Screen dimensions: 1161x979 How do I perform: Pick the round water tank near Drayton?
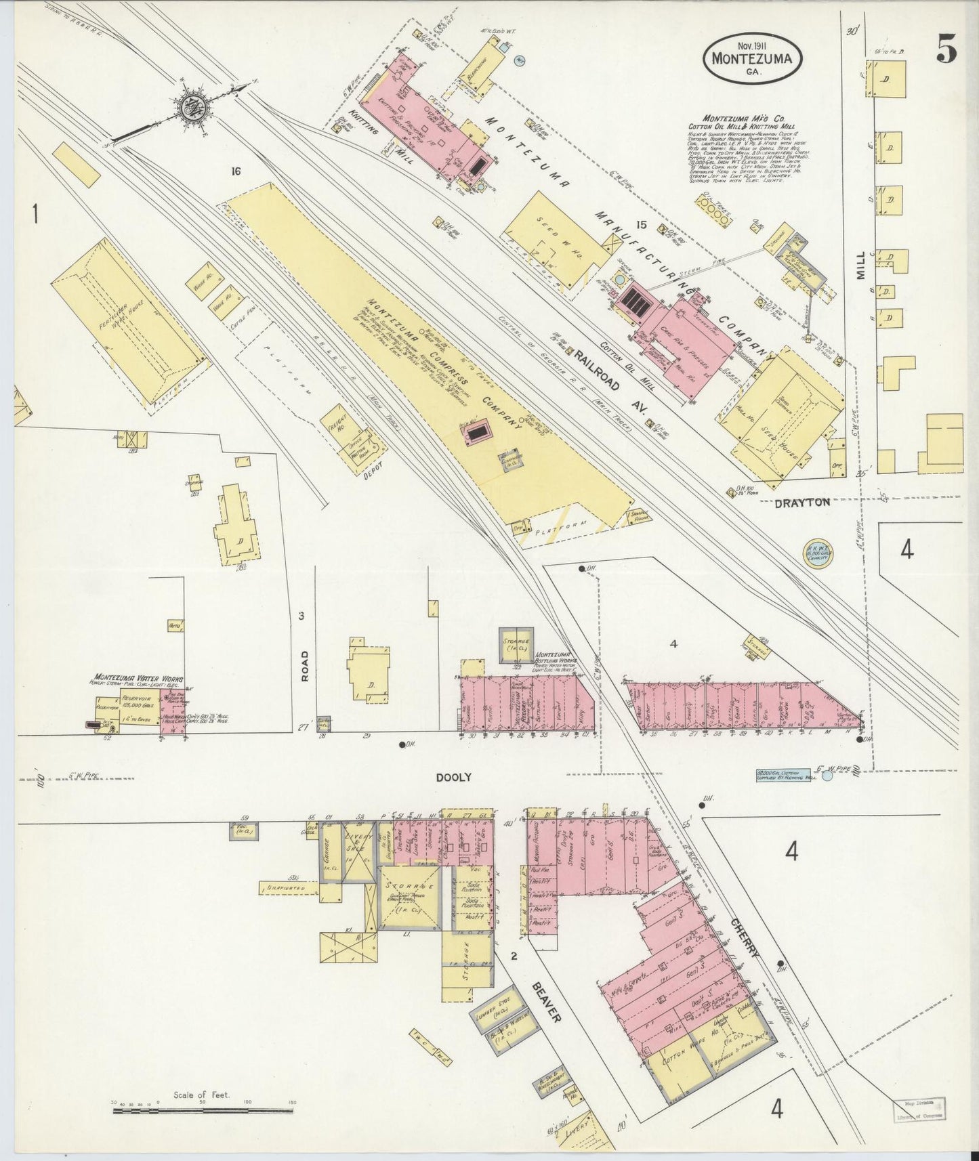point(818,555)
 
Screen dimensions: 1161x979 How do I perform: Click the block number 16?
point(235,171)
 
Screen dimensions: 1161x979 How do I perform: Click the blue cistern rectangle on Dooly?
point(787,774)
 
